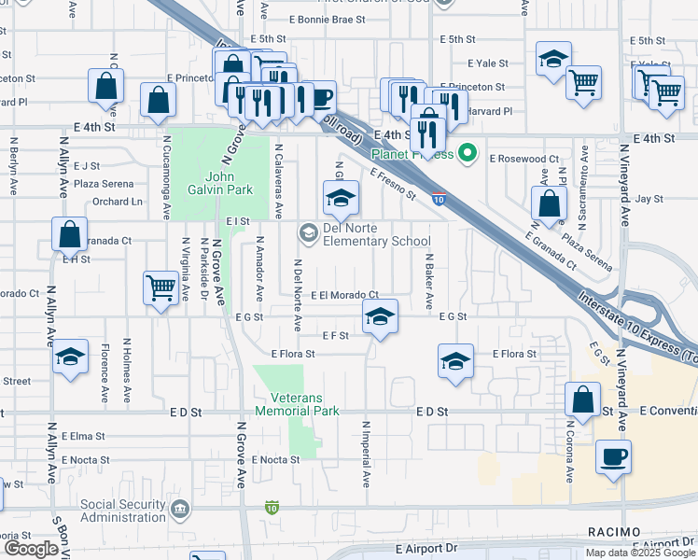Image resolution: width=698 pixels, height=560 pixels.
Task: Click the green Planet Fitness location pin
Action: tap(469, 154)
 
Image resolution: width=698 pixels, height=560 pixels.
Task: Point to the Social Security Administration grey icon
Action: tap(180, 510)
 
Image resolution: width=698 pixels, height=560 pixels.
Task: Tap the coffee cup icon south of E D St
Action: tap(613, 458)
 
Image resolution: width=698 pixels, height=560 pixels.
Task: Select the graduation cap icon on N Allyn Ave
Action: tap(70, 358)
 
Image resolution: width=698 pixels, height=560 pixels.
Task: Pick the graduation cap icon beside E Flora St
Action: tap(454, 361)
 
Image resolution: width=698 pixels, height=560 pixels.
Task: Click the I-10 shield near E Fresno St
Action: tap(438, 198)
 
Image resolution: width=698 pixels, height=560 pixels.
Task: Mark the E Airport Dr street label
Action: tap(426, 549)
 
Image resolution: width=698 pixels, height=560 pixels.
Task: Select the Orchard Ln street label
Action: tap(118, 202)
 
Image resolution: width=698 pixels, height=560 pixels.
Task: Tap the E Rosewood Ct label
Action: tap(523, 160)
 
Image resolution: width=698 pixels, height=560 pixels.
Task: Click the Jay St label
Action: tap(649, 199)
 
